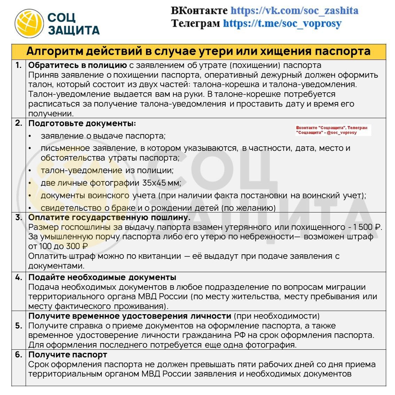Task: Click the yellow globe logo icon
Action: point(29,23)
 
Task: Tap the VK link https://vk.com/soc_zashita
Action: point(294,10)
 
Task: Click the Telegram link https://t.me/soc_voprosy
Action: point(282,23)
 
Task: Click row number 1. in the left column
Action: point(18,65)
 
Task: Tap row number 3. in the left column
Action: point(18,217)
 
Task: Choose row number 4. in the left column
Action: point(18,277)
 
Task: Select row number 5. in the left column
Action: point(18,326)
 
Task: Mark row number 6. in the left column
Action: point(18,355)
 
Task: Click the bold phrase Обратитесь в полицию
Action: point(77,65)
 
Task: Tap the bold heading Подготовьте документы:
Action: point(82,123)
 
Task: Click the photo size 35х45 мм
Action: point(161,183)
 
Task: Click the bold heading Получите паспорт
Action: point(68,355)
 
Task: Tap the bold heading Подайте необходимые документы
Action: point(102,277)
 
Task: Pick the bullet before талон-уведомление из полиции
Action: point(30,171)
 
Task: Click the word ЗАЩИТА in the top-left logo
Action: point(73,30)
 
